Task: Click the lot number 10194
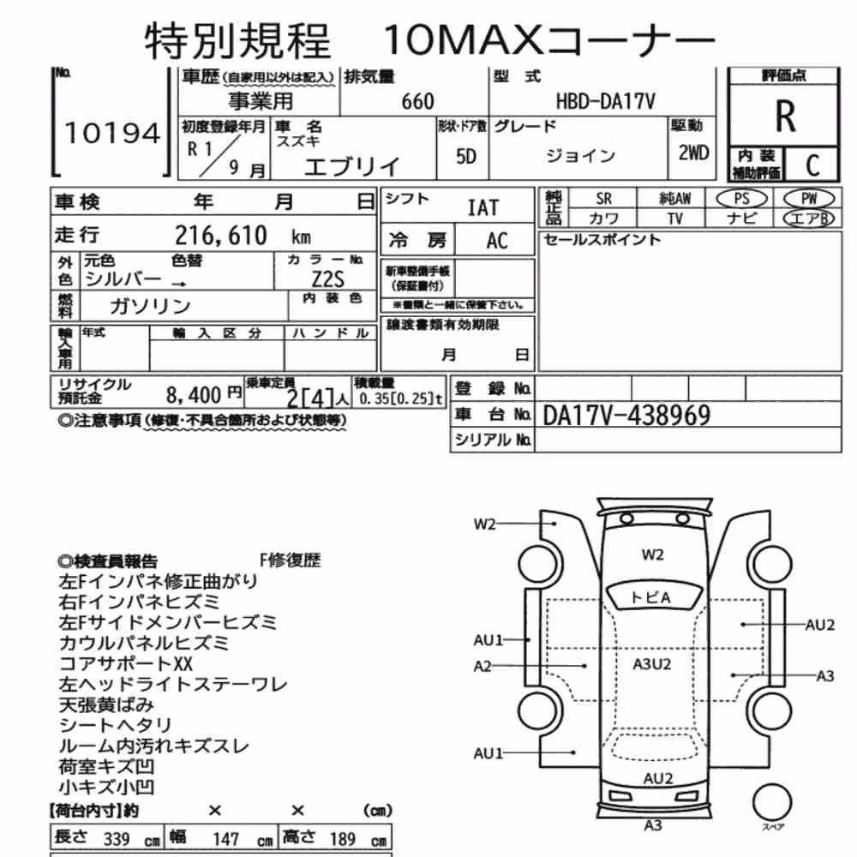(112, 134)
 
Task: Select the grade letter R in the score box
(785, 117)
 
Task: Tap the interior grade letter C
(812, 165)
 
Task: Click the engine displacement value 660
(417, 102)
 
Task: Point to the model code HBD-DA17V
(605, 102)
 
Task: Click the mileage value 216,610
(221, 236)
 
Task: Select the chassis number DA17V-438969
(626, 416)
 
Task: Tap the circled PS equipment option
(741, 199)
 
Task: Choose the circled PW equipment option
(809, 199)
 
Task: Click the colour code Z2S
(327, 280)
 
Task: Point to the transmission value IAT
(483, 207)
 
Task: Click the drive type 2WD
(693, 153)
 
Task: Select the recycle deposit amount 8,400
(194, 394)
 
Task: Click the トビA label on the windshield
(650, 597)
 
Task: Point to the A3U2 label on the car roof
(651, 664)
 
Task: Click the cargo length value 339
(117, 839)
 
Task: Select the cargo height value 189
(343, 839)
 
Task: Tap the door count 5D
(465, 157)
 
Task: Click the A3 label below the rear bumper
(653, 824)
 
